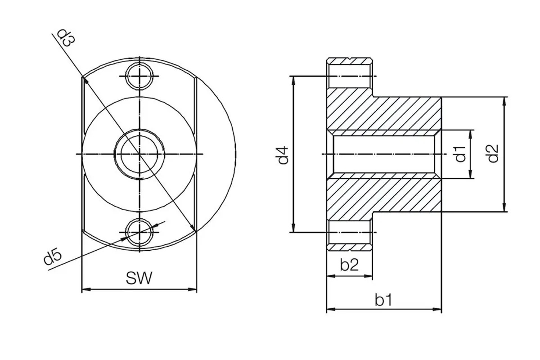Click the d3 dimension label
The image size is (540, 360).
[x=66, y=39]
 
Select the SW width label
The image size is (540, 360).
[x=139, y=278]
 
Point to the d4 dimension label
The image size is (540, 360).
[x=283, y=155]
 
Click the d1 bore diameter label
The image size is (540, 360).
[x=461, y=154]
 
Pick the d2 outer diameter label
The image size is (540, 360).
[x=493, y=153]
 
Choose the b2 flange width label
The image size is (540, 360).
[x=349, y=265]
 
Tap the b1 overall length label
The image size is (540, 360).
[x=383, y=300]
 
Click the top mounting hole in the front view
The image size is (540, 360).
[x=140, y=76]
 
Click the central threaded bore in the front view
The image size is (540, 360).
[x=139, y=154]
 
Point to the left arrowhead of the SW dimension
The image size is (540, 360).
[x=86, y=289]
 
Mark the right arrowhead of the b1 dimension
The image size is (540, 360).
[x=437, y=309]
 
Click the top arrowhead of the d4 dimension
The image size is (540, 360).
[x=293, y=81]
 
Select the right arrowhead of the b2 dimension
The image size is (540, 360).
[x=368, y=276]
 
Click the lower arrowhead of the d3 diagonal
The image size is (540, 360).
[x=193, y=228]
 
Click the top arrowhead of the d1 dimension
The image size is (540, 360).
[x=470, y=135]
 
